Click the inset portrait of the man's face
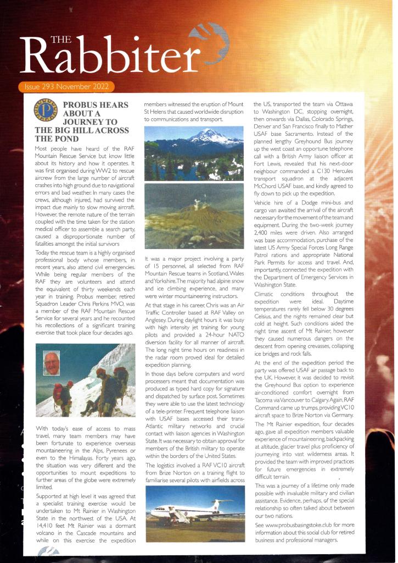tap(52, 363)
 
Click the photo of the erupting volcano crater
tap(194, 216)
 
